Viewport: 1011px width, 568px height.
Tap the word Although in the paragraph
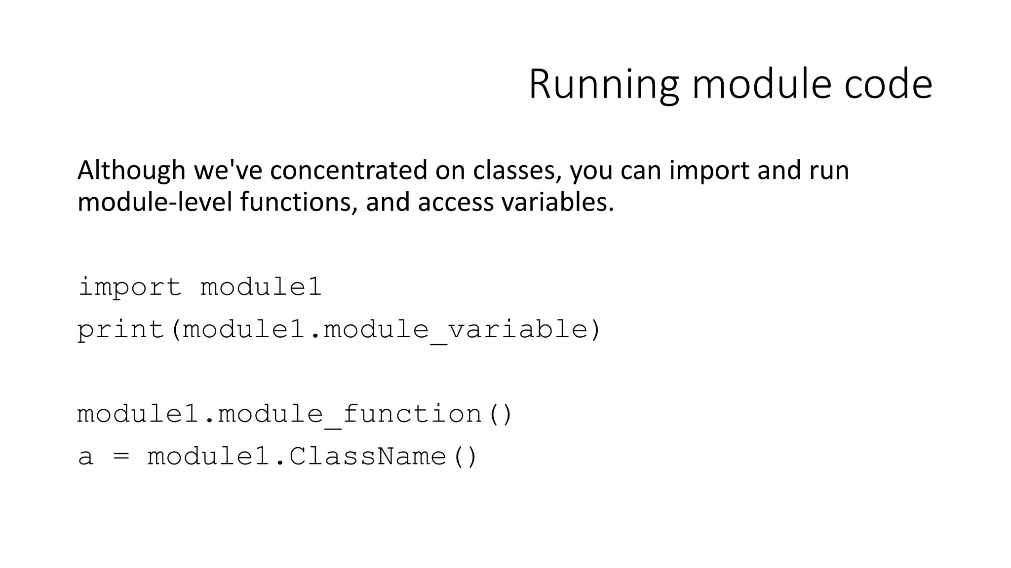click(x=131, y=170)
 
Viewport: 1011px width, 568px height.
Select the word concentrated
click(x=349, y=170)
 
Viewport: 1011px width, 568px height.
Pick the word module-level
click(x=155, y=202)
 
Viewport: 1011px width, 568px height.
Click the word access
click(x=455, y=202)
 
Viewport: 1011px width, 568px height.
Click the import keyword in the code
click(x=130, y=287)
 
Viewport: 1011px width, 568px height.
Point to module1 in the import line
click(x=261, y=287)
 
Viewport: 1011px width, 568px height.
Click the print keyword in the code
click(x=121, y=329)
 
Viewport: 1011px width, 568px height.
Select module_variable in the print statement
click(x=455, y=329)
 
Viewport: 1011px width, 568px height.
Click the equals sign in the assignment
click(x=121, y=456)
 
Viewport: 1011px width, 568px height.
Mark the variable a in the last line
click(x=85, y=456)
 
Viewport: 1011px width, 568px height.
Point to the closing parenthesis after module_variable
click(x=595, y=329)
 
